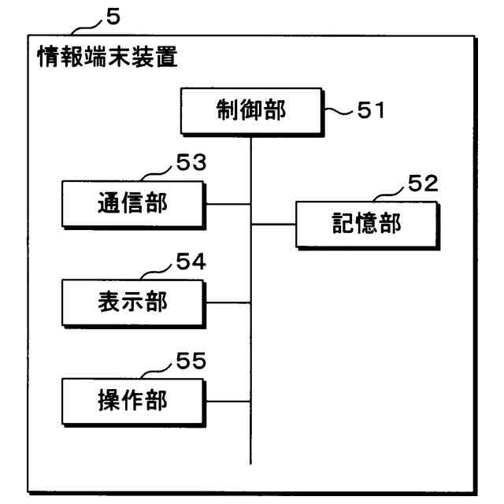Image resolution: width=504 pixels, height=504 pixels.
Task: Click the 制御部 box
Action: tap(252, 112)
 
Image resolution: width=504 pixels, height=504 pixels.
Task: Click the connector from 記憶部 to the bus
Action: tap(273, 224)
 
